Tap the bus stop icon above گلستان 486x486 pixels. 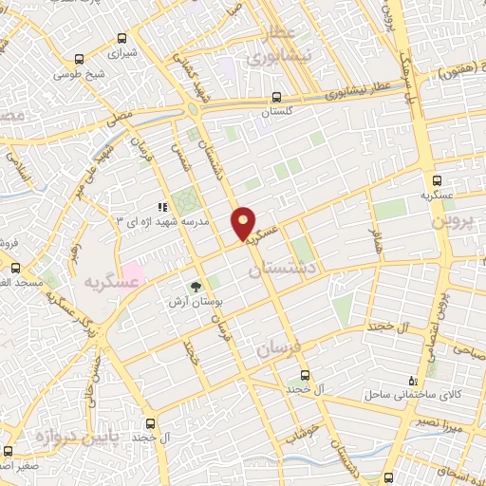[x=276, y=97]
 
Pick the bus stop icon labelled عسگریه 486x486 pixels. [x=437, y=179]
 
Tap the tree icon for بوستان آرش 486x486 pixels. [x=196, y=286]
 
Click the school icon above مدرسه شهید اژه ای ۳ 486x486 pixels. [x=161, y=205]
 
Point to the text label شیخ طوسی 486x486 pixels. [x=80, y=72]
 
